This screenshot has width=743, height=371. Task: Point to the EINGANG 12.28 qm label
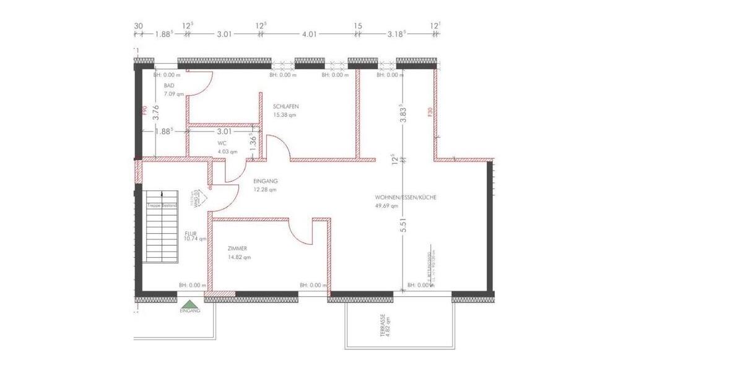pos(265,185)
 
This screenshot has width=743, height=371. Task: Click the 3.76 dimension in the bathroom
pos(156,112)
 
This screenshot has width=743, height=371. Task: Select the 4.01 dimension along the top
pos(309,35)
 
